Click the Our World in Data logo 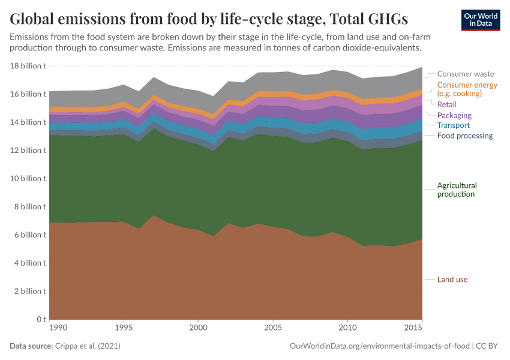(480, 20)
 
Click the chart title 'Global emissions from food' (209, 19)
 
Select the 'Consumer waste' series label (466, 74)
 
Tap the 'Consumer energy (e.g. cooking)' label (467, 89)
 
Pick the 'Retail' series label (447, 104)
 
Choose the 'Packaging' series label (454, 115)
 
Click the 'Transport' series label (453, 125)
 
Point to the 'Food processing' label (465, 136)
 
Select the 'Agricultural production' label (457, 190)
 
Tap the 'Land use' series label (452, 280)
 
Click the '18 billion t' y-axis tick (28, 66)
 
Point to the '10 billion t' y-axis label (28, 179)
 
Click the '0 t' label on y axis (40, 319)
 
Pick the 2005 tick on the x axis (273, 328)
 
